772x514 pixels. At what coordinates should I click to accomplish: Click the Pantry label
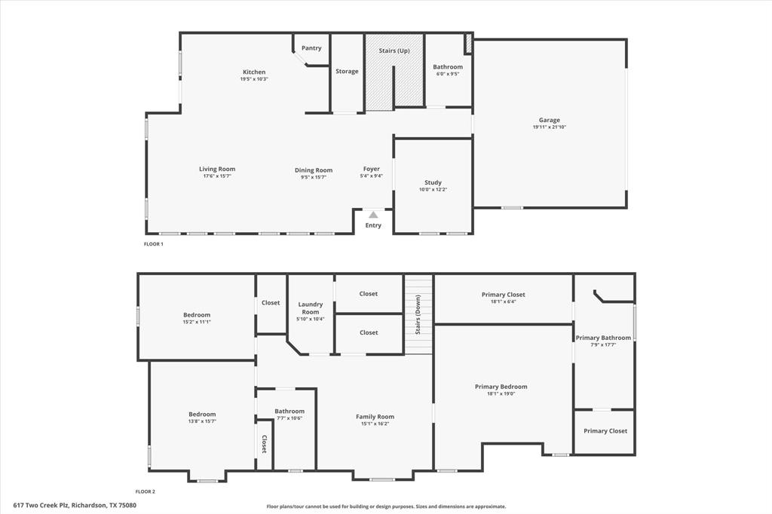coord(311,48)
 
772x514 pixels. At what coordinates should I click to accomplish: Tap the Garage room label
coord(549,120)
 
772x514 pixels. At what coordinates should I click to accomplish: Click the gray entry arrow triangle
coord(373,215)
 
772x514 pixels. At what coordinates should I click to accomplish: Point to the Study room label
coord(433,182)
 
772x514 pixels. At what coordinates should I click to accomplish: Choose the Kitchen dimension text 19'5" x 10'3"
coord(254,79)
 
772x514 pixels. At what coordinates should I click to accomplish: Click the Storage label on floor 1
coord(347,72)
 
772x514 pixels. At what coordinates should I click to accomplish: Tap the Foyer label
coord(372,169)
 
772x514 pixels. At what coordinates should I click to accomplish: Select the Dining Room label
coord(314,170)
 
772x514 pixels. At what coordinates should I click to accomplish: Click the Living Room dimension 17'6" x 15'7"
coord(217,176)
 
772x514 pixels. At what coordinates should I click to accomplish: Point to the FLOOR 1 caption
coord(153,244)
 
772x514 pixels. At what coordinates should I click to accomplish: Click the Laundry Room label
coord(311,308)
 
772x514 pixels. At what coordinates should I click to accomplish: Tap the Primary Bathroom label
coord(603,338)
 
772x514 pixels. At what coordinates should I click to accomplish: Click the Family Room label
coord(375,417)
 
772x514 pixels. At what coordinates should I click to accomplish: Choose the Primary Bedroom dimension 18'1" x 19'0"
coord(501,393)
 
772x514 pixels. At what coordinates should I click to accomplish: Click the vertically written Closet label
coord(264,444)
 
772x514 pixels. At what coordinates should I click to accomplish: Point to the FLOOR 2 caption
coord(145,491)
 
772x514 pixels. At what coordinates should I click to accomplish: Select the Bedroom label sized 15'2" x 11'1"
coord(197,315)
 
